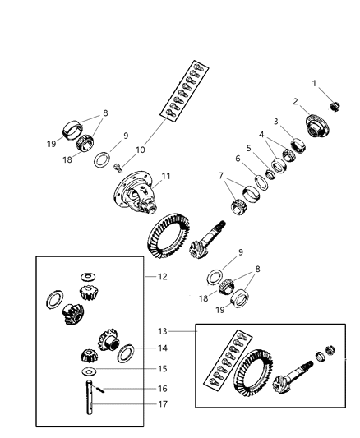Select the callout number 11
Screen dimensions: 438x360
(165, 175)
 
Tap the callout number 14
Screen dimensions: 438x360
(162, 348)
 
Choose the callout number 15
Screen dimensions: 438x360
(162, 369)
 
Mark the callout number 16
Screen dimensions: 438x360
(162, 388)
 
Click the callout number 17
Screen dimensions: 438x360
(162, 403)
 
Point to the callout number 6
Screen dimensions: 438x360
(237, 159)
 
